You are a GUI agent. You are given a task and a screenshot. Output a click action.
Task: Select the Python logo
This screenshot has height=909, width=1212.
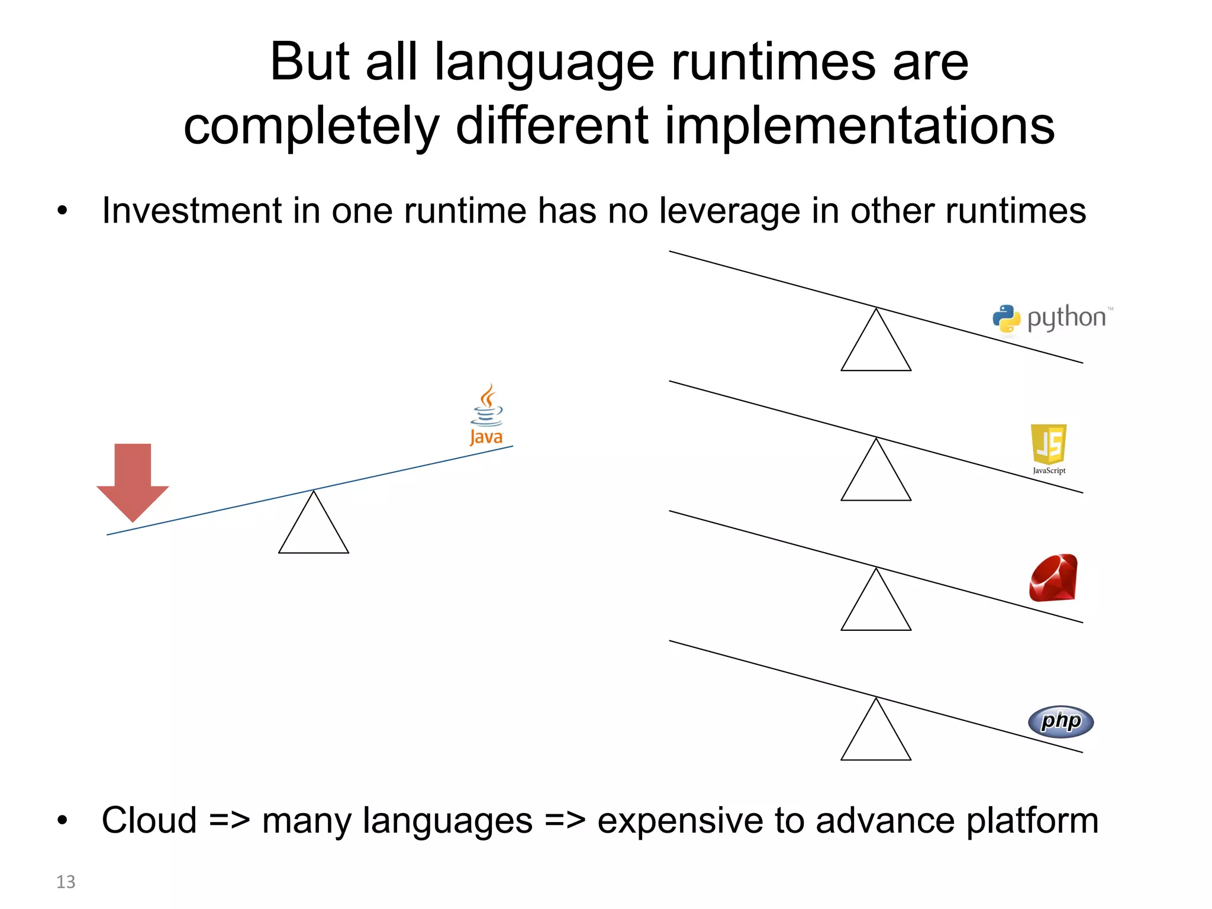[1052, 318]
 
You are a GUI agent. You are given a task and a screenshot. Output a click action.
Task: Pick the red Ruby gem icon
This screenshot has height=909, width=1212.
[1053, 578]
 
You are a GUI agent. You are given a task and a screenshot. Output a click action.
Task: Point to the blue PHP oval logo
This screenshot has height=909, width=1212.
[1060, 721]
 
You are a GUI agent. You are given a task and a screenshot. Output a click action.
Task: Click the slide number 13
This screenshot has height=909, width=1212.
[66, 882]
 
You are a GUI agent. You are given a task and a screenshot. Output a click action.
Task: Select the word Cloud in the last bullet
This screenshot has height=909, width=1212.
[149, 820]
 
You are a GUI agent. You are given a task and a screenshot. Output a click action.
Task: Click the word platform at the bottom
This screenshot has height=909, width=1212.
[1032, 820]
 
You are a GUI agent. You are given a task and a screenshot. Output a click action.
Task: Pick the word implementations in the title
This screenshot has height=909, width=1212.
[860, 125]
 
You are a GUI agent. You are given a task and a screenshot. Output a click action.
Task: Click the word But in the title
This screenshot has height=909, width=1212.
[310, 62]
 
